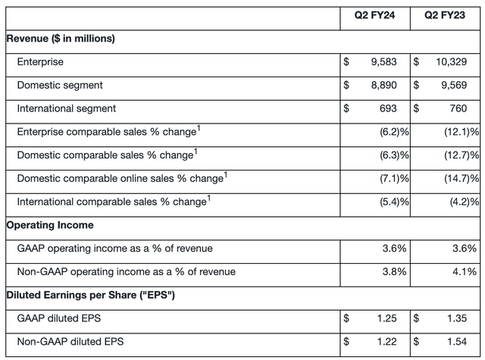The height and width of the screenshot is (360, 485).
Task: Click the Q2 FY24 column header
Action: coord(374,15)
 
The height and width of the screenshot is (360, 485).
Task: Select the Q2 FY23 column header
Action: coord(445,15)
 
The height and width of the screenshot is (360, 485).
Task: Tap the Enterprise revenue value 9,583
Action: coord(384,62)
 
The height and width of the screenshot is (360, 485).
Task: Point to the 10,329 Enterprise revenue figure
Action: coord(452,62)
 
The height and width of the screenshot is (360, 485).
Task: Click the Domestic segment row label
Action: coord(60,85)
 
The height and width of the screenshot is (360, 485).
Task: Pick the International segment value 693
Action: coord(388,108)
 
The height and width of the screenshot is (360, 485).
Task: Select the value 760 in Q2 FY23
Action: coord(458,108)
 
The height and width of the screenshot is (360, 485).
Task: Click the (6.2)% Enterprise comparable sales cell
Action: coord(394,132)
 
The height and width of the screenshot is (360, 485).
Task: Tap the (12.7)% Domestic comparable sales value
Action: coord(462,155)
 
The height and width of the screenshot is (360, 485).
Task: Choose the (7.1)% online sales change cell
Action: coord(394,178)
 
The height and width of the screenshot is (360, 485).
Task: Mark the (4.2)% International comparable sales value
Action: coord(465,202)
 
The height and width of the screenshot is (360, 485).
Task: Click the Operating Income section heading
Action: coord(50,225)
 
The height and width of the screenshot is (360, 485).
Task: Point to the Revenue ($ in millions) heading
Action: coord(61,39)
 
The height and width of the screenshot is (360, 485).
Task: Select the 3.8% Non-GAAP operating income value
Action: coord(394,271)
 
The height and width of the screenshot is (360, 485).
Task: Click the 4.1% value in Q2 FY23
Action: coord(465,271)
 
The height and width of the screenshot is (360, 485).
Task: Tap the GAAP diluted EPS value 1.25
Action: coord(386,318)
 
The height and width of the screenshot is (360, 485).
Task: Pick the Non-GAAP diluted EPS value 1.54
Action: coord(457,342)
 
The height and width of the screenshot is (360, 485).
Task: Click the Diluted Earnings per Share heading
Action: coord(91,295)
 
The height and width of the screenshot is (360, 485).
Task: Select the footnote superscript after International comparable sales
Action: coord(209,198)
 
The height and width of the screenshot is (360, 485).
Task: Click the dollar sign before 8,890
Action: coord(346,85)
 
